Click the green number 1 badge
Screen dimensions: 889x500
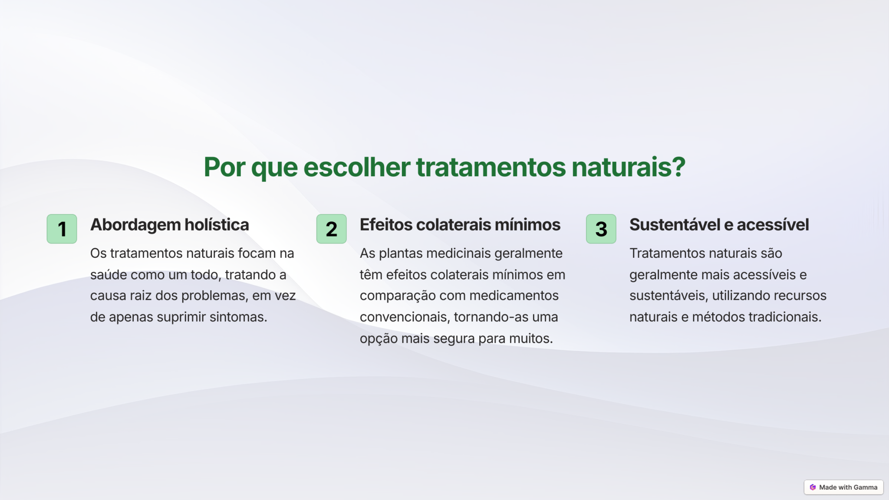[62, 229]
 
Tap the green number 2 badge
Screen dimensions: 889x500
[331, 229]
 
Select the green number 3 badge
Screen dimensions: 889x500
[601, 229]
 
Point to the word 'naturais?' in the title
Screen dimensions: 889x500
[629, 167]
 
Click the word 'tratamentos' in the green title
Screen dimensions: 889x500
[491, 167]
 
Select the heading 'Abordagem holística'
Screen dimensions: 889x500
[170, 225]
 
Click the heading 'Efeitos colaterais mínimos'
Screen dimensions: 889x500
[460, 225]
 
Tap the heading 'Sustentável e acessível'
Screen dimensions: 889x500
[719, 225]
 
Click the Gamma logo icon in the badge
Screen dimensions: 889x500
[813, 487]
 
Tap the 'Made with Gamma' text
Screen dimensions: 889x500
[848, 487]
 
